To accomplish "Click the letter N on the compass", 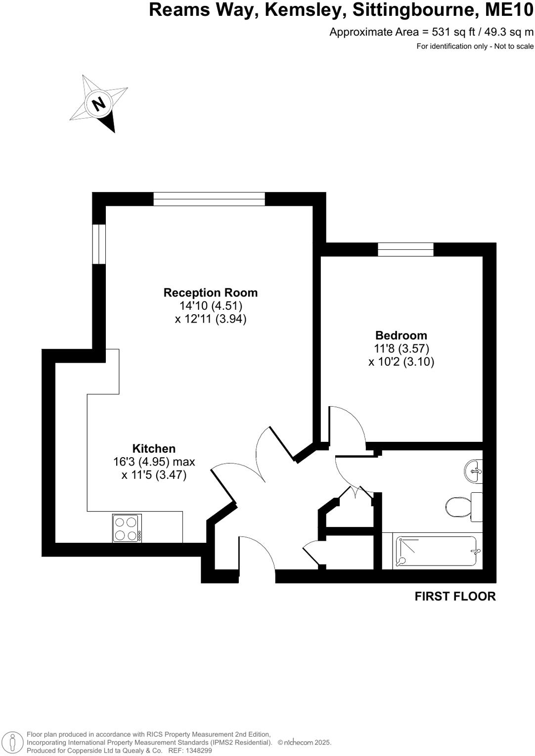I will click(x=98, y=104).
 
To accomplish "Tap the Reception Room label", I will click(x=210, y=292).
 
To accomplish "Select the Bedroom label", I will click(x=401, y=335).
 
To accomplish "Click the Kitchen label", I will click(x=154, y=448).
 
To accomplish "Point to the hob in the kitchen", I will click(x=127, y=528).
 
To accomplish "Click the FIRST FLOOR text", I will click(x=454, y=596).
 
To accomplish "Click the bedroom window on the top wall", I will click(x=405, y=249).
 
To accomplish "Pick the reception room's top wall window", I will click(x=209, y=199).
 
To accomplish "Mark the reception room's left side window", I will click(x=99, y=244).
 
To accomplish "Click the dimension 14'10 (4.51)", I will click(x=211, y=306).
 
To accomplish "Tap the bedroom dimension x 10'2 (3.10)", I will click(x=401, y=362).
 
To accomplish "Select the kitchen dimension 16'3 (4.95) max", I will click(x=154, y=462).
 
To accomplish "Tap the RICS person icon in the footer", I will click(x=13, y=742).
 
